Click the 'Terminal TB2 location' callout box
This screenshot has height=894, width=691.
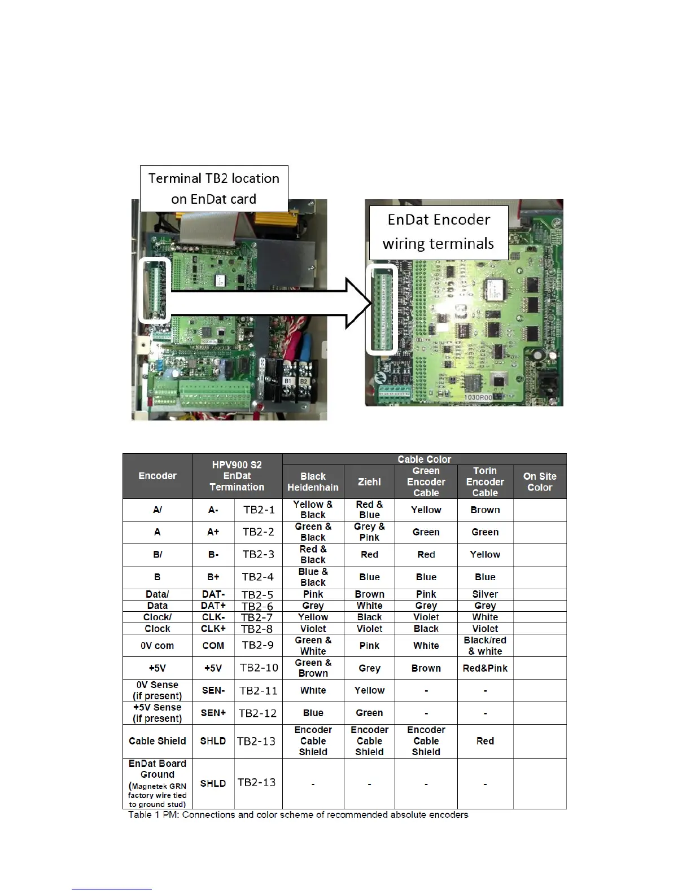(x=214, y=189)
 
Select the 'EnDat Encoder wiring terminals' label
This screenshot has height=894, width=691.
(x=439, y=231)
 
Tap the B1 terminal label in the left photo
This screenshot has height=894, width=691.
(x=288, y=381)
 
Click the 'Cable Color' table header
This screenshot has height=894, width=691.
(x=424, y=459)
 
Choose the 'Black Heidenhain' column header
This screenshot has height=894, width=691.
(x=313, y=481)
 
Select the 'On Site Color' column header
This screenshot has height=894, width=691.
(x=539, y=481)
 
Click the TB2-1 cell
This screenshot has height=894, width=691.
(x=259, y=510)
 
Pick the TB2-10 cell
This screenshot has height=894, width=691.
(x=259, y=668)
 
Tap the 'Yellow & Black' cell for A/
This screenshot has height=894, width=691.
(x=313, y=510)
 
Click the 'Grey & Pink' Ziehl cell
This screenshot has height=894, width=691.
(x=369, y=532)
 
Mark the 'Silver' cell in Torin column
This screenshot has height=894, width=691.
(x=485, y=594)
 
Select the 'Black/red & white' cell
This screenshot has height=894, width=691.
(x=485, y=646)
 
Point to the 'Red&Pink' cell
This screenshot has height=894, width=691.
(x=485, y=668)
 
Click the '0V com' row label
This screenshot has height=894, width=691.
(x=157, y=646)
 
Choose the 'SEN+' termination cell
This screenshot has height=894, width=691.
(x=213, y=713)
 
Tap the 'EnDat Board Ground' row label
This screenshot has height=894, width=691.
(x=157, y=769)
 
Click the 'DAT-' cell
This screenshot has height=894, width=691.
(x=213, y=594)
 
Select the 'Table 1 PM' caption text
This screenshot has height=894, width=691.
(x=298, y=814)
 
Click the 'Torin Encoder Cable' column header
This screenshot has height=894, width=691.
(x=485, y=481)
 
